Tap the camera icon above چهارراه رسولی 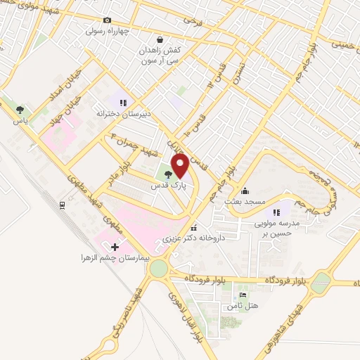(107, 20)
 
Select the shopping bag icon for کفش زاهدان (162, 40)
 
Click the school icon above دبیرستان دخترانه (123, 103)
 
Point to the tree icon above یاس (20, 109)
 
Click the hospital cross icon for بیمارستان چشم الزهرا (115, 246)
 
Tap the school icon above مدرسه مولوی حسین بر (277, 211)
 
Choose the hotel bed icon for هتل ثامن (243, 295)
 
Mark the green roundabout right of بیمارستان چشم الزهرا (158, 269)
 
